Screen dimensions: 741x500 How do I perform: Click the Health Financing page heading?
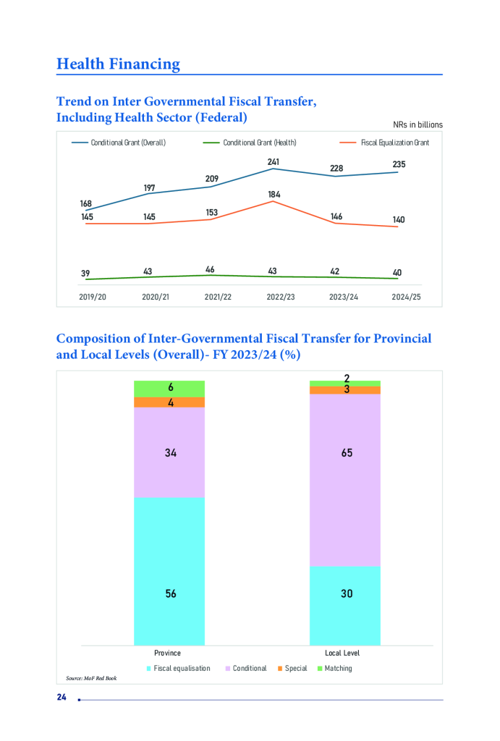click(x=118, y=64)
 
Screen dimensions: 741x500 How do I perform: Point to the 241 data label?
click(x=273, y=162)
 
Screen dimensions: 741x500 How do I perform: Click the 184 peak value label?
click(x=274, y=195)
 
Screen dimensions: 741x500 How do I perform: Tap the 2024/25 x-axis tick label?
click(x=406, y=297)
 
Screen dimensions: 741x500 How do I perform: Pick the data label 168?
click(x=86, y=203)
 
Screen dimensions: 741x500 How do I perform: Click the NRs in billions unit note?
click(x=418, y=124)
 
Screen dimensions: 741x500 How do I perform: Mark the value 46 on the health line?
click(x=210, y=270)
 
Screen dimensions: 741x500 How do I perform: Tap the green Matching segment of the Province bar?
click(x=170, y=389)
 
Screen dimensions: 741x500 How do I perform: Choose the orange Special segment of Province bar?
click(x=170, y=402)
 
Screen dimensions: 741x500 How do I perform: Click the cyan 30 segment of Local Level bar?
click(x=346, y=605)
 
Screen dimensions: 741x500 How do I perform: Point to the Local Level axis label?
click(x=345, y=653)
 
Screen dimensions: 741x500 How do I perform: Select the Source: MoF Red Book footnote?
click(x=91, y=678)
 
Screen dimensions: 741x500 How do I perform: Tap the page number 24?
click(x=62, y=697)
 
